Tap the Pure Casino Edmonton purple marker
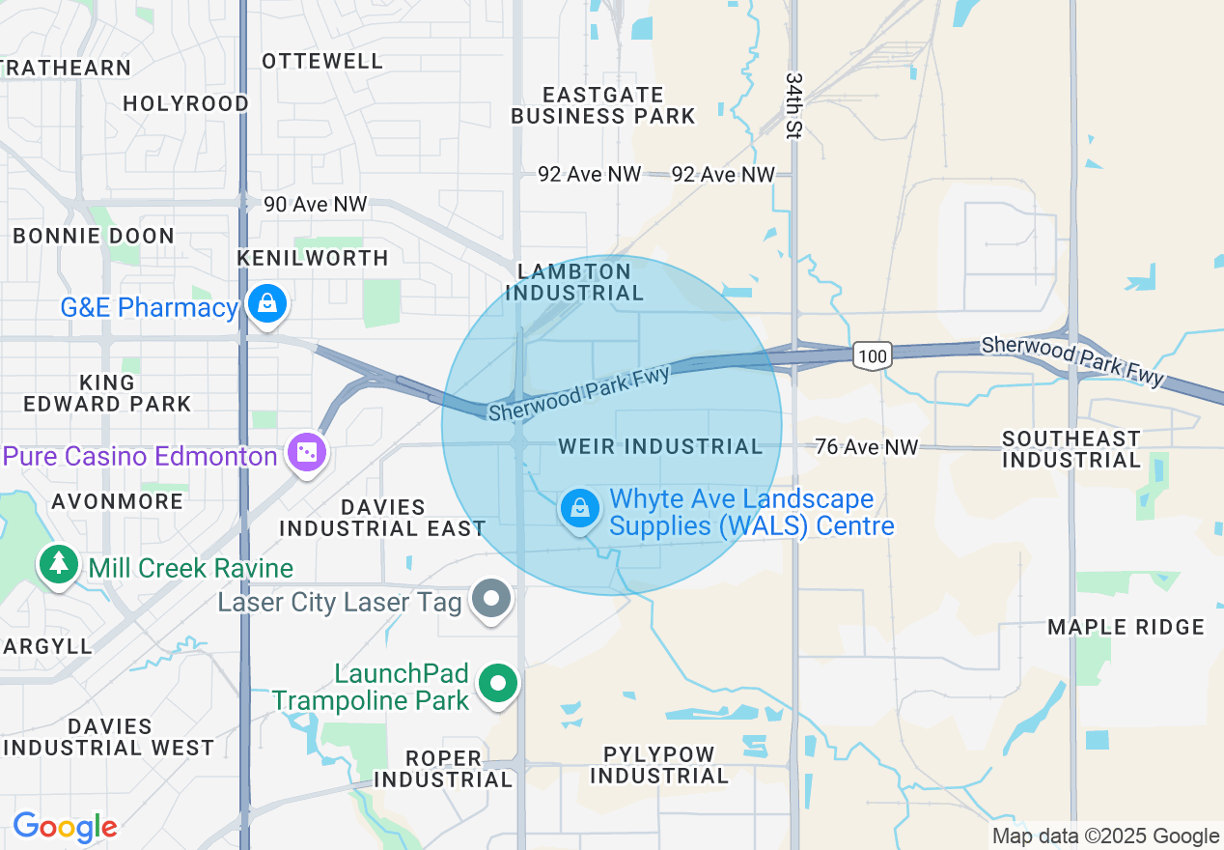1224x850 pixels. click(x=308, y=452)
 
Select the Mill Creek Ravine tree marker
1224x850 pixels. click(x=59, y=563)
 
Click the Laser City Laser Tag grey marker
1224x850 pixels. click(x=491, y=599)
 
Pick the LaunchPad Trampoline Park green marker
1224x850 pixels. click(x=498, y=684)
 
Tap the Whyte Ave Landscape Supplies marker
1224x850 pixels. click(x=580, y=507)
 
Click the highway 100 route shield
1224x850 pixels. click(x=872, y=356)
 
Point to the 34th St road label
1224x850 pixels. click(x=793, y=104)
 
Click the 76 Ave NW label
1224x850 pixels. click(x=867, y=446)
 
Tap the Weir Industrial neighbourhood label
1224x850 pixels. click(x=660, y=446)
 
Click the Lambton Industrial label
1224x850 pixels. click(x=574, y=282)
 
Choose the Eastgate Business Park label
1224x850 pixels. click(x=602, y=105)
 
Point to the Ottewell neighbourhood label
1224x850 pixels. click(x=322, y=61)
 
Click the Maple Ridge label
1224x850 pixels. click(x=1127, y=627)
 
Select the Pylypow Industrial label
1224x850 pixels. click(x=659, y=765)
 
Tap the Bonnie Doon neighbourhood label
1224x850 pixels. click(x=94, y=236)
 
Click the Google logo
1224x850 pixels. click(x=65, y=827)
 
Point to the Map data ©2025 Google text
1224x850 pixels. click(x=1106, y=836)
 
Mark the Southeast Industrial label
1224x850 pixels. click(x=1071, y=449)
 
